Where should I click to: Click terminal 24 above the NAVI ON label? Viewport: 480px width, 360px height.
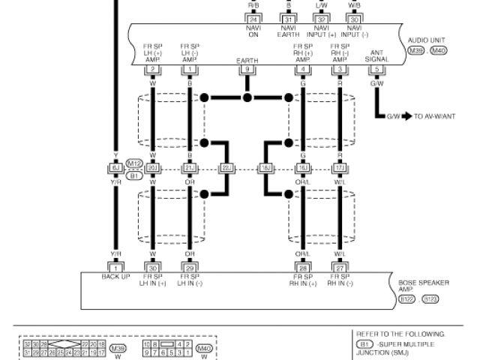pos(253,18)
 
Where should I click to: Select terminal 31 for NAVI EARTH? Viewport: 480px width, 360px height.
pos(289,18)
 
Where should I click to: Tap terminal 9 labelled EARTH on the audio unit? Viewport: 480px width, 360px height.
pos(246,69)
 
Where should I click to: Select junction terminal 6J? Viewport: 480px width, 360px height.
pos(116,168)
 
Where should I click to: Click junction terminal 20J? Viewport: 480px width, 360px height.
pos(152,168)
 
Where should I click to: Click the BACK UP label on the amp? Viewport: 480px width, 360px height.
pos(116,277)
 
